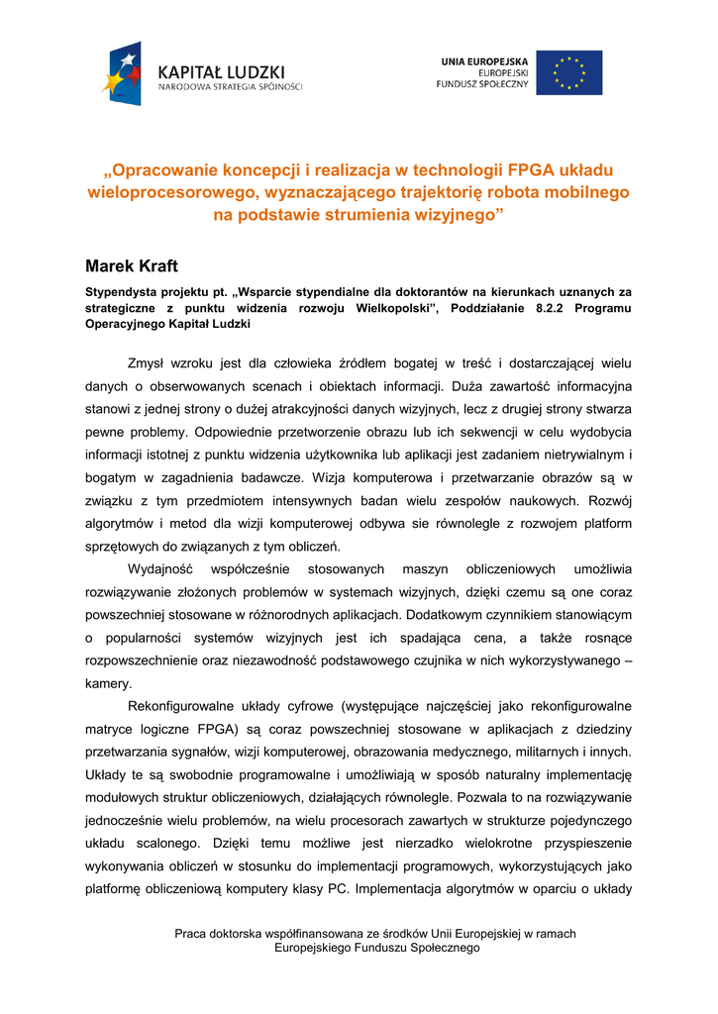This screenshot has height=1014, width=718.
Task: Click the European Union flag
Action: point(568,72)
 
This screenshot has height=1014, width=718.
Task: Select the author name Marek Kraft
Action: point(132,265)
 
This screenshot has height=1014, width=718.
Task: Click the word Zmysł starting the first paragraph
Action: point(150,362)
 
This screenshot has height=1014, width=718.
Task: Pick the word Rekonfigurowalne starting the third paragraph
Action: point(189,707)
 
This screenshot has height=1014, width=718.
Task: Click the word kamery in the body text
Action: point(108,683)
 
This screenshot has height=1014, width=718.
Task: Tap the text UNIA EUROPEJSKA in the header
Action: point(484,61)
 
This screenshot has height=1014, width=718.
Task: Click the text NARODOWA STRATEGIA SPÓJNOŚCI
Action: point(231,87)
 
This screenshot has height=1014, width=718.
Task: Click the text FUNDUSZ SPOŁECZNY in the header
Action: point(482,84)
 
